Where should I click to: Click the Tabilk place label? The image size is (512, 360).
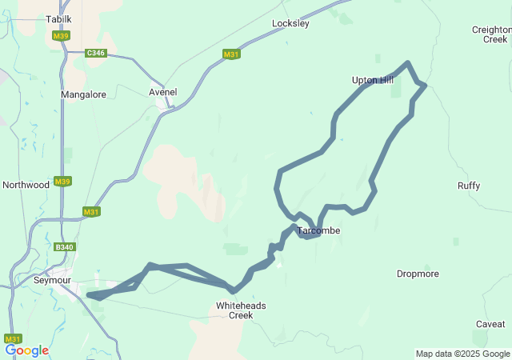[58, 18]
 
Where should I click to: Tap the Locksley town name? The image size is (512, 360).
[290, 24]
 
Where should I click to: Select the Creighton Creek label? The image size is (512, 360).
[490, 34]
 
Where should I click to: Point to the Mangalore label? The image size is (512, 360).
[83, 94]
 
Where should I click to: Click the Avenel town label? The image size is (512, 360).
[163, 92]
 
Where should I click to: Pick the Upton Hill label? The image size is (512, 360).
[373, 80]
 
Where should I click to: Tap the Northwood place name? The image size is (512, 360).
[26, 185]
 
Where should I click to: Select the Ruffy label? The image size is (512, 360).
[469, 186]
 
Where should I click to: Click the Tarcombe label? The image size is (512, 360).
[319, 231]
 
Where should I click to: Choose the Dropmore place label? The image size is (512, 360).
[418, 274]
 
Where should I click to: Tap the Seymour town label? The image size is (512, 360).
[53, 281]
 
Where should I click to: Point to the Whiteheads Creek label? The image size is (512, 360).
[241, 310]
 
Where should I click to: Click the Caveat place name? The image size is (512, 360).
[490, 324]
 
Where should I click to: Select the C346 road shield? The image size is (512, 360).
[97, 53]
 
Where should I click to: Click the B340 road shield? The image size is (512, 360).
[64, 248]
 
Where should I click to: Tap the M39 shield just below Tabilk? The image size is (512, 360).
[59, 36]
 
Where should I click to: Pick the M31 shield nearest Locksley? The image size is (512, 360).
[231, 54]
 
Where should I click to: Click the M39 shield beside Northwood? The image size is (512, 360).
[62, 182]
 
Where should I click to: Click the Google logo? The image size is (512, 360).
[26, 350]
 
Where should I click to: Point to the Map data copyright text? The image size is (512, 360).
[462, 354]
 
